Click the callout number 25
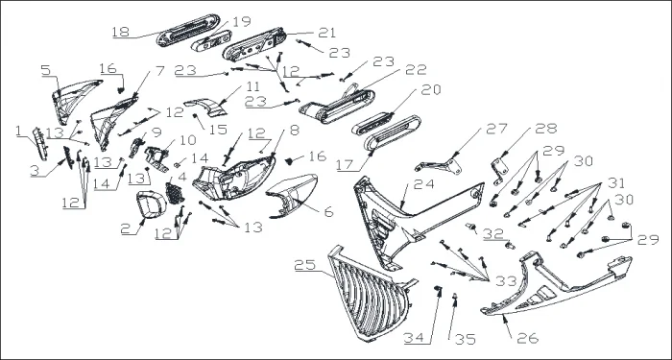tap(304, 265)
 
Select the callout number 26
tap(528, 338)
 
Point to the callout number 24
tap(423, 184)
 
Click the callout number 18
tap(121, 32)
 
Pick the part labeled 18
tap(188, 30)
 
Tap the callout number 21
tap(327, 33)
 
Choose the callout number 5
tap(46, 70)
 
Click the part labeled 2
tap(151, 204)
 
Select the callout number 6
tap(328, 212)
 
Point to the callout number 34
tap(414, 338)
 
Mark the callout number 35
tap(465, 339)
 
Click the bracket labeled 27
tap(439, 166)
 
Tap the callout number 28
tap(546, 129)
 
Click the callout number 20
tap(431, 89)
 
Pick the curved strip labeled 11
tap(205, 108)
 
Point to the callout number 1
tap(18, 132)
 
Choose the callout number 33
tap(506, 281)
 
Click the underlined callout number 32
tap(493, 233)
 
